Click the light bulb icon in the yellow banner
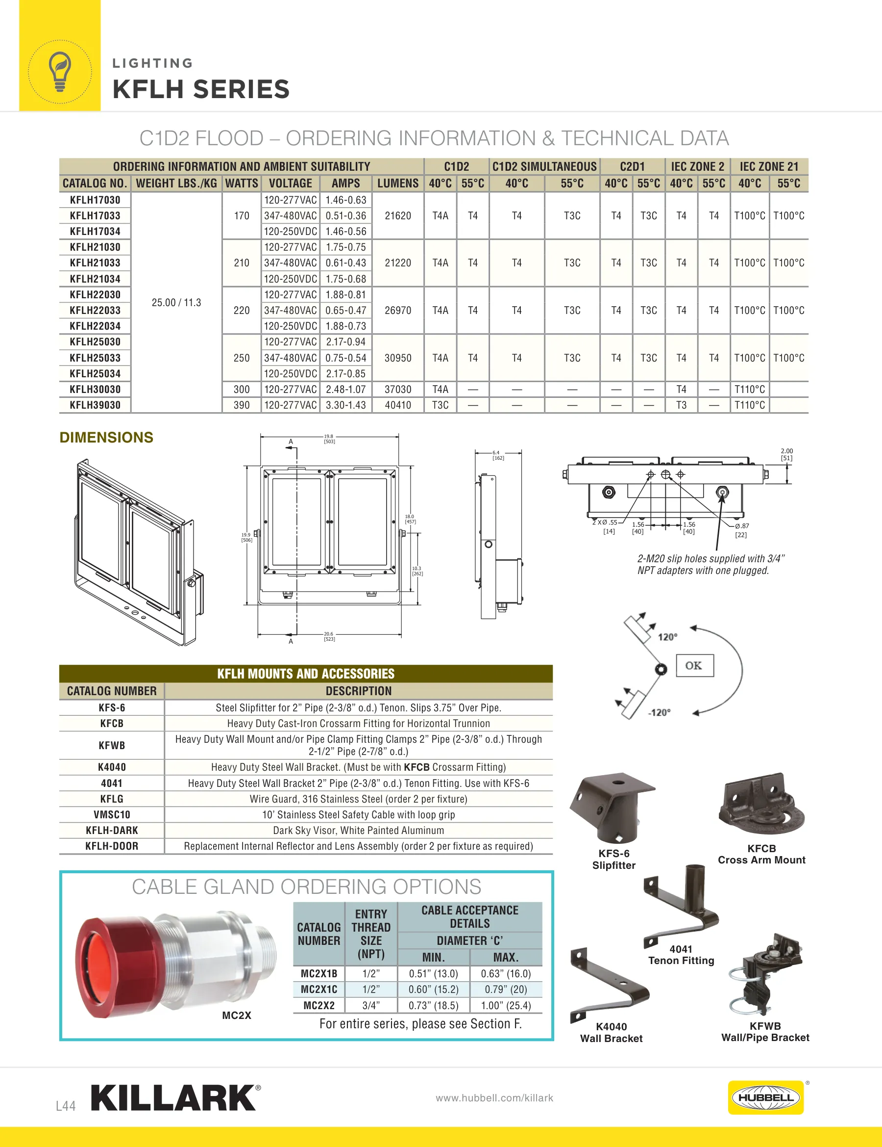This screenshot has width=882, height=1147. [60, 72]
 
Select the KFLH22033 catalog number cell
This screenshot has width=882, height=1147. [95, 311]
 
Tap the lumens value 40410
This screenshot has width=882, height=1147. [398, 405]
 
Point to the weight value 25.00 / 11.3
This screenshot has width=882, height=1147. [176, 303]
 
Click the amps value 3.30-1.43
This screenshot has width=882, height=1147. [346, 405]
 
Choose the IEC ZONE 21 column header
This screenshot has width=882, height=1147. [769, 166]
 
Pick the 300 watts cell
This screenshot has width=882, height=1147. [242, 389]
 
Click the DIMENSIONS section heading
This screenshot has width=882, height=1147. [106, 438]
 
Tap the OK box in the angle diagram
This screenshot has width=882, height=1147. [695, 665]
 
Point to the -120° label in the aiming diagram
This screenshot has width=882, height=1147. [660, 713]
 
